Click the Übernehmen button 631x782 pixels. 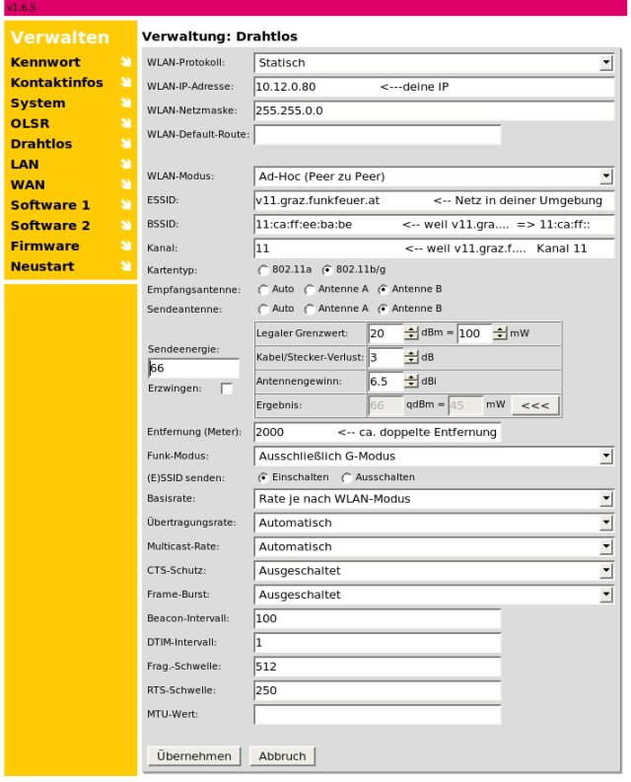[193, 756]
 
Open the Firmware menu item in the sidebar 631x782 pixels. [45, 246]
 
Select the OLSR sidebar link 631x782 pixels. [30, 123]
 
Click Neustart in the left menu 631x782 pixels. [40, 266]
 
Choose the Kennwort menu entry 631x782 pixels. [45, 62]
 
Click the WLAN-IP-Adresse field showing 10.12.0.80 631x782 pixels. [434, 87]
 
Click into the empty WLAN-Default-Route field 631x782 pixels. [377, 134]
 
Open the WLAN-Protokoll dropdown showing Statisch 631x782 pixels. [434, 63]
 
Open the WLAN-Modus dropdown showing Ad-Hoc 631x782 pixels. [434, 177]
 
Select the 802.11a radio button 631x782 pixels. [263, 269]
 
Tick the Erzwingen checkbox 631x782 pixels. [228, 390]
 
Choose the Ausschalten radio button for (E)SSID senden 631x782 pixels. [346, 477]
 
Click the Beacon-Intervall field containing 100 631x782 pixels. [377, 618]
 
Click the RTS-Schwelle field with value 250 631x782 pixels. [377, 690]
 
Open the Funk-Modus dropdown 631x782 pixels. [434, 457]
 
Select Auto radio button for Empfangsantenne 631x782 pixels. [263, 290]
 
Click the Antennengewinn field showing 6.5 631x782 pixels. [385, 381]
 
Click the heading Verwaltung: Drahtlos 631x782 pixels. [220, 36]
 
